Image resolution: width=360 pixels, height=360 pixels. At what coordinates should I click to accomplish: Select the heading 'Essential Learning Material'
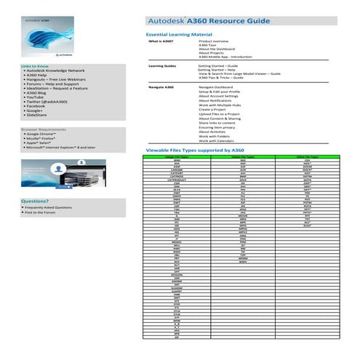click(179, 34)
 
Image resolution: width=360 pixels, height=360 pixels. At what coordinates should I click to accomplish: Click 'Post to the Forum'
click(44, 213)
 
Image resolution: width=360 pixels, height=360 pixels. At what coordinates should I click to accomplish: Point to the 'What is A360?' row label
click(161, 42)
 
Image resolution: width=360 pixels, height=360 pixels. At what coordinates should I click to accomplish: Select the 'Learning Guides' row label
click(162, 65)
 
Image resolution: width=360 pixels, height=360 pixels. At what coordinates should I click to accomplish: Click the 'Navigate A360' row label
click(161, 87)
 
